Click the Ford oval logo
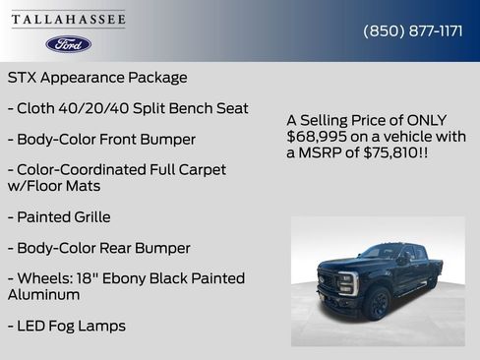pyautogui.click(x=69, y=44)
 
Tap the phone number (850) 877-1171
pyautogui.click(x=413, y=30)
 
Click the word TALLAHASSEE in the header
pyautogui.click(x=69, y=20)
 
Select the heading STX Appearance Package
pyautogui.click(x=97, y=78)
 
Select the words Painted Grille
pyautogui.click(x=64, y=216)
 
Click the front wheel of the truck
pyautogui.click(x=379, y=303)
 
